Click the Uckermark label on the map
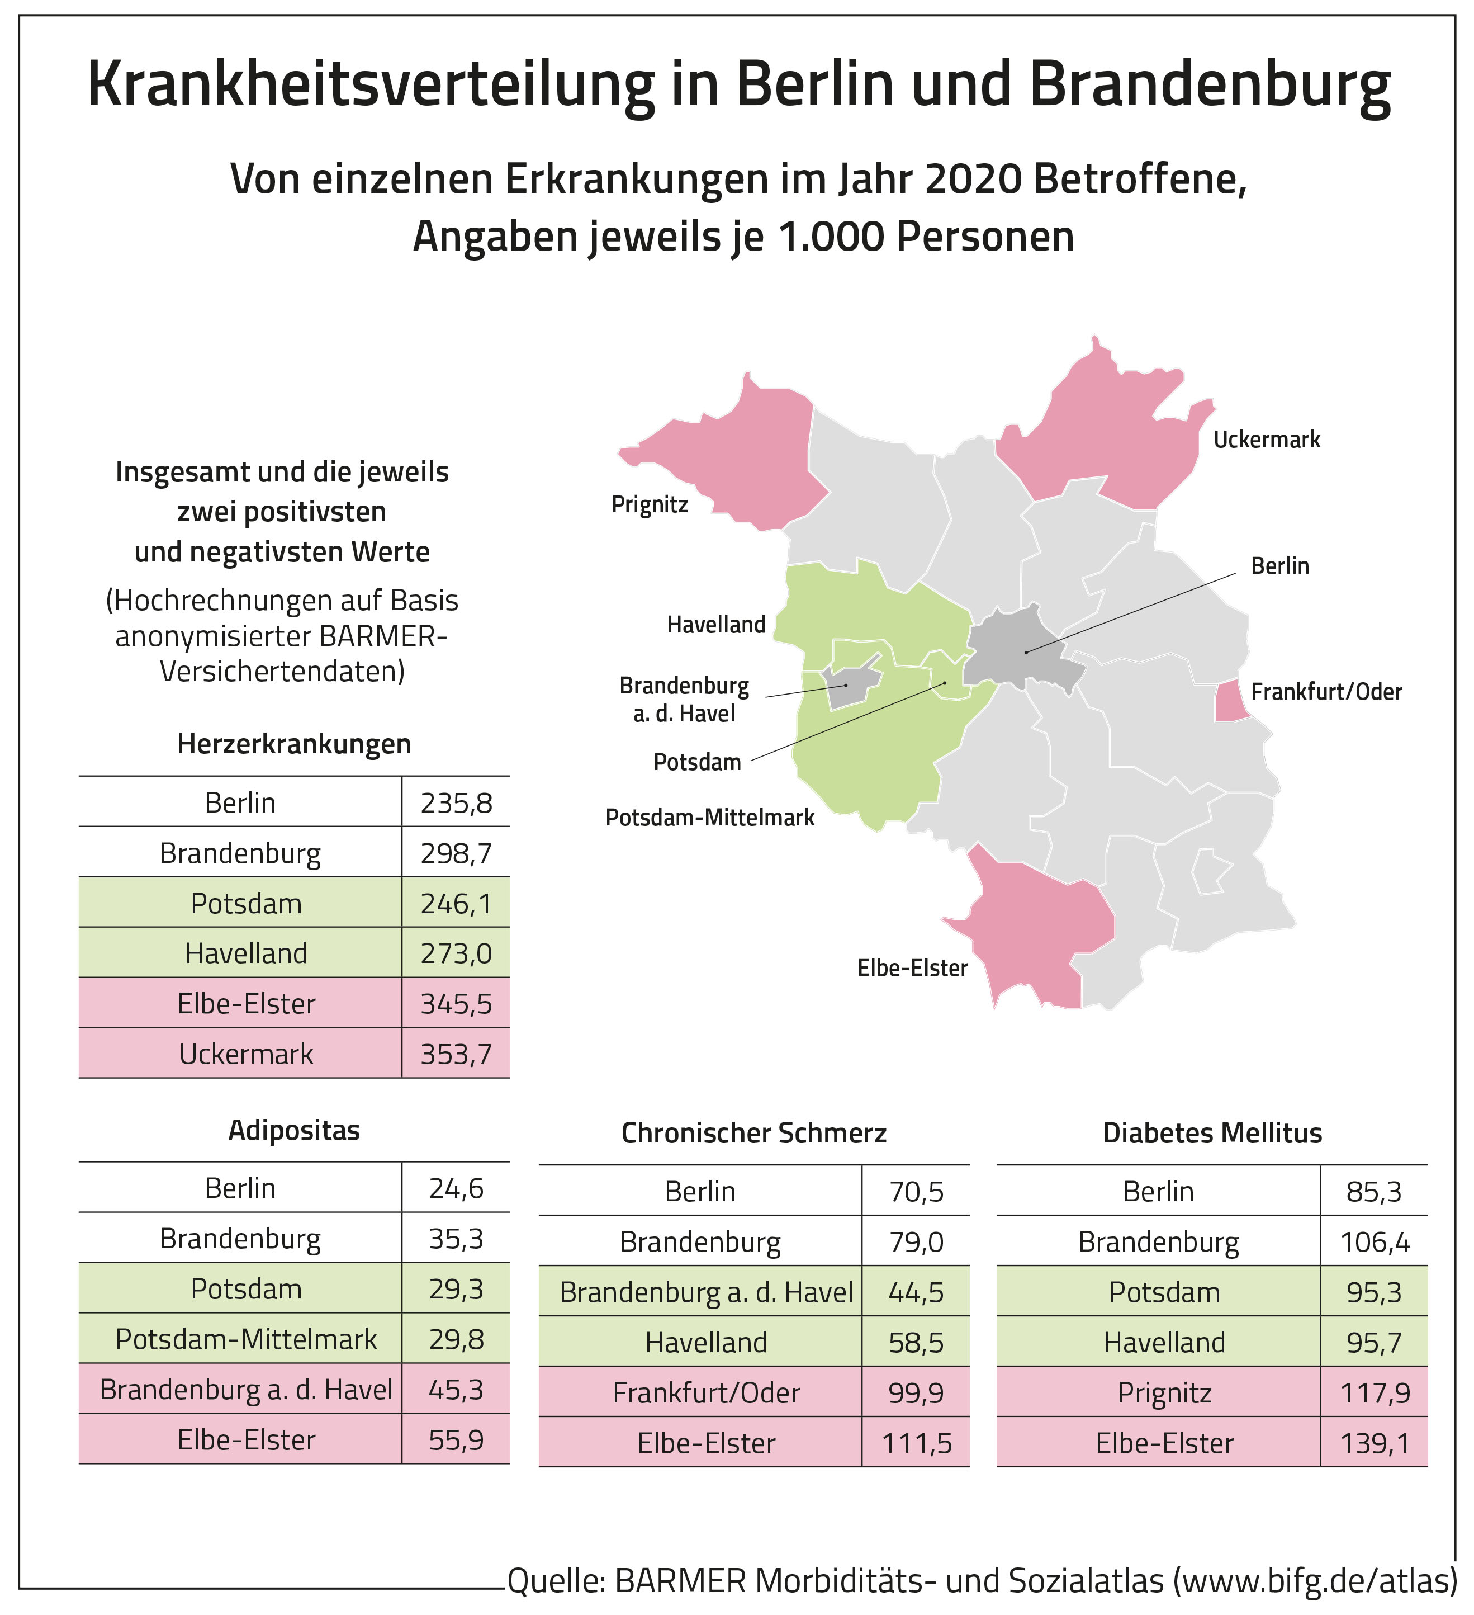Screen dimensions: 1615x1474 [x=1266, y=440]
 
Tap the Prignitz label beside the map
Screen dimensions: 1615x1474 [x=650, y=504]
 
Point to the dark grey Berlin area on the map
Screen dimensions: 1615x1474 [x=1017, y=649]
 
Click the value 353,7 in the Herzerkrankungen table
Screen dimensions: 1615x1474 [x=456, y=1054]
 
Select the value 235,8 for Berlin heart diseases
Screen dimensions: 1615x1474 [x=456, y=802]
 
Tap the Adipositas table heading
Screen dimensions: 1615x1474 [x=294, y=1130]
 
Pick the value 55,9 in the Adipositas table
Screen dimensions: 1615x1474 [x=456, y=1439]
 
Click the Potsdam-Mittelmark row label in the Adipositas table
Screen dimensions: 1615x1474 [x=246, y=1339]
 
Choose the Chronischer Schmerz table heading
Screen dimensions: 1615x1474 [x=753, y=1133]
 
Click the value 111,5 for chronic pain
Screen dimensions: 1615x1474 [x=917, y=1443]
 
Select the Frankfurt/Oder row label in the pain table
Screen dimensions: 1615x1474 [x=706, y=1392]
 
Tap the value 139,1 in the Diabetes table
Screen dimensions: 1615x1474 [x=1375, y=1443]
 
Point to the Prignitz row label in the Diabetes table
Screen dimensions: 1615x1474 [x=1164, y=1392]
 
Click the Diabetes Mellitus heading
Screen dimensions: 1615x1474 [x=1212, y=1133]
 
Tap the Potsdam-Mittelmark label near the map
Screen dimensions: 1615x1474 [x=709, y=818]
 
